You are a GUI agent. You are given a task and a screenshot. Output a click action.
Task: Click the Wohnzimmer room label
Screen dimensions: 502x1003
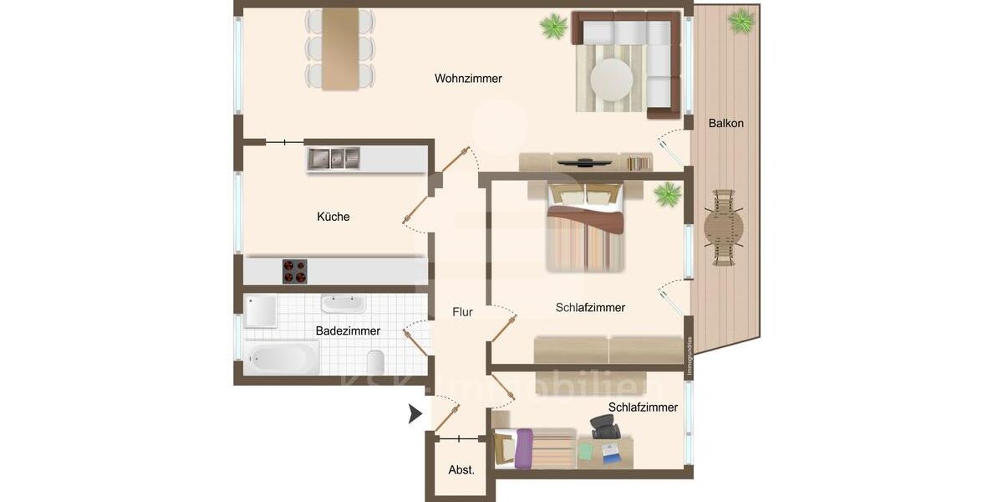click(x=468, y=79)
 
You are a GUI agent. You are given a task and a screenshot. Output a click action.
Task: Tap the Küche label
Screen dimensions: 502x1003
click(x=333, y=217)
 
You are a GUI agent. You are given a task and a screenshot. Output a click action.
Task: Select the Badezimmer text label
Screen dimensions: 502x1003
click(x=348, y=331)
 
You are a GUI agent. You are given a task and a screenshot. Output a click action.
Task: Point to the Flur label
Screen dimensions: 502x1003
click(x=462, y=312)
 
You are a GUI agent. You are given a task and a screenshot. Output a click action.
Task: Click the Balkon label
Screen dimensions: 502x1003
click(x=726, y=123)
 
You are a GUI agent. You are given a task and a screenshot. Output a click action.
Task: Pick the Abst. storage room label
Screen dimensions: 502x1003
click(x=461, y=470)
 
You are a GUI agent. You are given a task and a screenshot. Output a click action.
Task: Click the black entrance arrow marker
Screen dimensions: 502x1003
click(x=415, y=413)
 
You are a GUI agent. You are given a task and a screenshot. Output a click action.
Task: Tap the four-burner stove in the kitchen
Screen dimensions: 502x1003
click(x=294, y=271)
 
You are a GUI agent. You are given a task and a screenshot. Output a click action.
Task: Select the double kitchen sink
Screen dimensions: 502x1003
click(x=333, y=158)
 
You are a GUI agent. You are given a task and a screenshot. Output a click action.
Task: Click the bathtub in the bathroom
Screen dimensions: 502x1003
click(x=282, y=358)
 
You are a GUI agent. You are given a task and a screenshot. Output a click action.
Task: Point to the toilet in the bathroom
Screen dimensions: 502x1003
click(x=375, y=362)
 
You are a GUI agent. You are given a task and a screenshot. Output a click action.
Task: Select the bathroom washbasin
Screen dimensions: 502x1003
click(x=343, y=304)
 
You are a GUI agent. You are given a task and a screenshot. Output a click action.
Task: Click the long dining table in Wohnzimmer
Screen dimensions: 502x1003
click(x=340, y=49)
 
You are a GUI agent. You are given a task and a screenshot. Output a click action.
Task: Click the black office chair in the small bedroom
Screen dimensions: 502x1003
click(x=605, y=428)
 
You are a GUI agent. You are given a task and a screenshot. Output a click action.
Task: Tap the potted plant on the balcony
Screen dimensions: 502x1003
click(x=741, y=21)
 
